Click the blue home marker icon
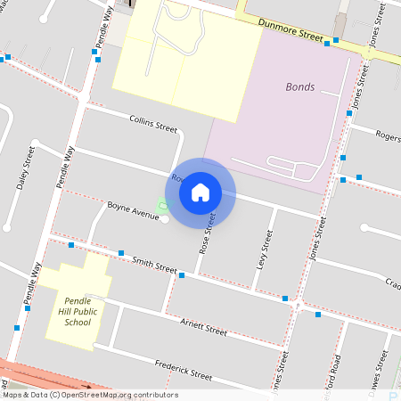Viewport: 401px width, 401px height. [200, 192]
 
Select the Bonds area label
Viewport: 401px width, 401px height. [300, 87]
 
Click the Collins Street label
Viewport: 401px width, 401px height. [153, 122]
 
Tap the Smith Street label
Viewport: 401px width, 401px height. [155, 265]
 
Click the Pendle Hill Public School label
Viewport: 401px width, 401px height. [78, 311]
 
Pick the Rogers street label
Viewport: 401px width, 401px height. [388, 136]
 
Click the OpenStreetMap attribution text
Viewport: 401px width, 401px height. [90, 395]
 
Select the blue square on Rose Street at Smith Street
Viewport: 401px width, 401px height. [182, 275]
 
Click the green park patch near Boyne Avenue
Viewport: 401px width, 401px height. [162, 207]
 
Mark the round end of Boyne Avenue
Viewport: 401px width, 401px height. [165, 219]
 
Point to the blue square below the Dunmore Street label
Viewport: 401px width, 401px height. [327, 43]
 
